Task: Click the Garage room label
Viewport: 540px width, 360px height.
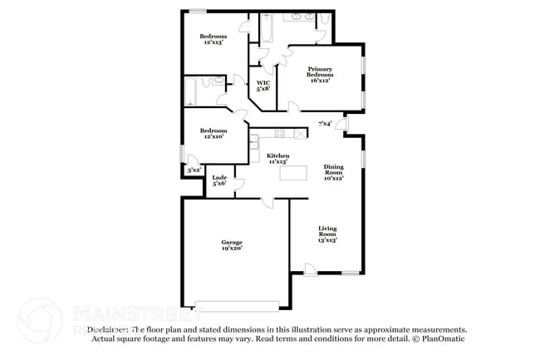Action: [x=232, y=244]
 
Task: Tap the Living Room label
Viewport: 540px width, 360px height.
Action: [x=327, y=234]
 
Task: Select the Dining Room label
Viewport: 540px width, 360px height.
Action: [x=334, y=171]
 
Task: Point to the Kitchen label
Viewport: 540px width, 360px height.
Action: [x=277, y=158]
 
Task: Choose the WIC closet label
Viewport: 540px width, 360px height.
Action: [x=263, y=86]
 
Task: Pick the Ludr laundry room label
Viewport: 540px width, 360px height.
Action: [x=219, y=180]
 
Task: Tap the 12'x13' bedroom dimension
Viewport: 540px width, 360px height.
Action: [x=213, y=43]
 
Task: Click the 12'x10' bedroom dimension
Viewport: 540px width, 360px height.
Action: [x=213, y=137]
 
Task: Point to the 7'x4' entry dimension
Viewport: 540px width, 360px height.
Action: [x=326, y=124]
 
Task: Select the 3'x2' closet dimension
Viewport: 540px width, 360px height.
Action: [x=194, y=170]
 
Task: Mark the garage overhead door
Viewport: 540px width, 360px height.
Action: [x=236, y=303]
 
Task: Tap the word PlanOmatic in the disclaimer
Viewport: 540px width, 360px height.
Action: [x=441, y=338]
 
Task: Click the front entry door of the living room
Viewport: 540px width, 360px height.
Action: [x=310, y=269]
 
